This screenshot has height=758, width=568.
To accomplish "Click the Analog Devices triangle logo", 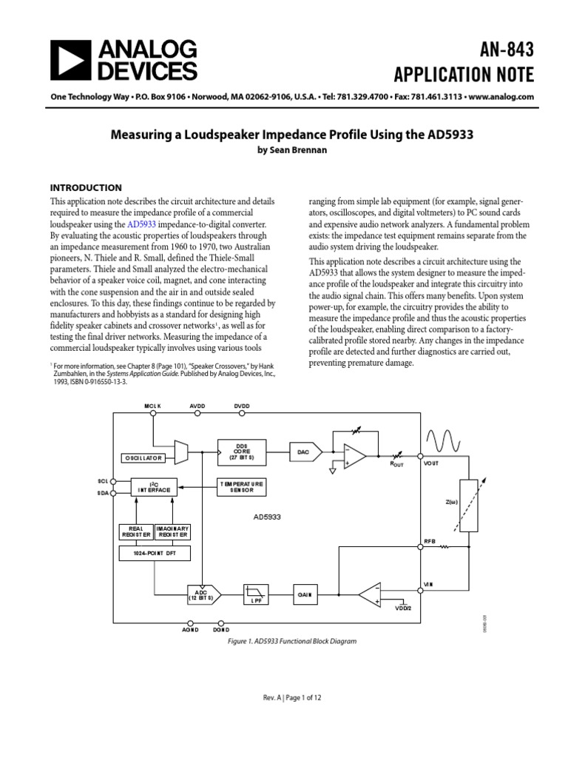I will pos(72,60).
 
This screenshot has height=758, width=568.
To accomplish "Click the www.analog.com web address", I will pos(501,97).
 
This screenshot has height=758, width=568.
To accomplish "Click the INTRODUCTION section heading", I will pos(85,187).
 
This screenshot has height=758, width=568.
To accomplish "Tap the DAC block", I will pos(305,451).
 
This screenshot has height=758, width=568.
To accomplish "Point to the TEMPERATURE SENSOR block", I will pos(241,486).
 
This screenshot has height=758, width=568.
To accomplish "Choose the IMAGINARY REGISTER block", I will pos(172,531).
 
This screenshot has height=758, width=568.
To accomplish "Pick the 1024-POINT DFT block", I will pos(155,553).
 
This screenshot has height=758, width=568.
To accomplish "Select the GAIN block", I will pos(305,594).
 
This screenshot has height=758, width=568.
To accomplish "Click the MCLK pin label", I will pos(152,406).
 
